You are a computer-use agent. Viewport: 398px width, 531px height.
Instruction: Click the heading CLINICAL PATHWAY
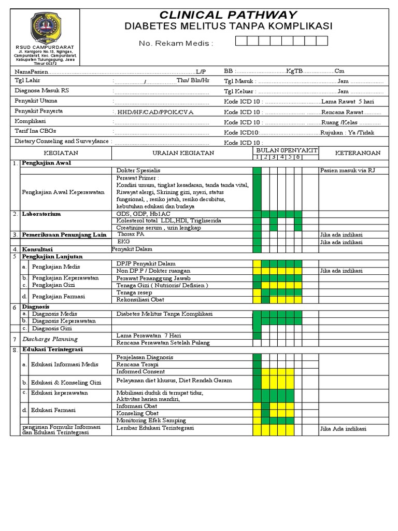(228, 15)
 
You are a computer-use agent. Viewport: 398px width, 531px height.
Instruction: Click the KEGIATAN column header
(61, 153)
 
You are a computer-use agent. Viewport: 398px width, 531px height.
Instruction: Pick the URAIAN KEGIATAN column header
(182, 153)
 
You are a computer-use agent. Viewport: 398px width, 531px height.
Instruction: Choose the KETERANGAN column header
(357, 153)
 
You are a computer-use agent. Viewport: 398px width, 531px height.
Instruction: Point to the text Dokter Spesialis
(138, 170)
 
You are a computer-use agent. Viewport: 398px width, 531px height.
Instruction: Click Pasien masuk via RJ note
(347, 170)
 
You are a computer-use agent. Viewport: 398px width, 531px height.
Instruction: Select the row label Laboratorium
(41, 214)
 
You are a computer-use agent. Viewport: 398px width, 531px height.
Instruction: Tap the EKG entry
(123, 242)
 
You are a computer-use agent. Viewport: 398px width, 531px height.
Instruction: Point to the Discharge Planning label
(50, 339)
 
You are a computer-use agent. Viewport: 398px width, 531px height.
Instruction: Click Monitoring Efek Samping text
(151, 421)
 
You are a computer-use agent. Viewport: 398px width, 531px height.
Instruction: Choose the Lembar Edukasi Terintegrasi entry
(155, 428)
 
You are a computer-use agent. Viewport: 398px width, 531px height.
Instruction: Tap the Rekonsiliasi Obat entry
(140, 300)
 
